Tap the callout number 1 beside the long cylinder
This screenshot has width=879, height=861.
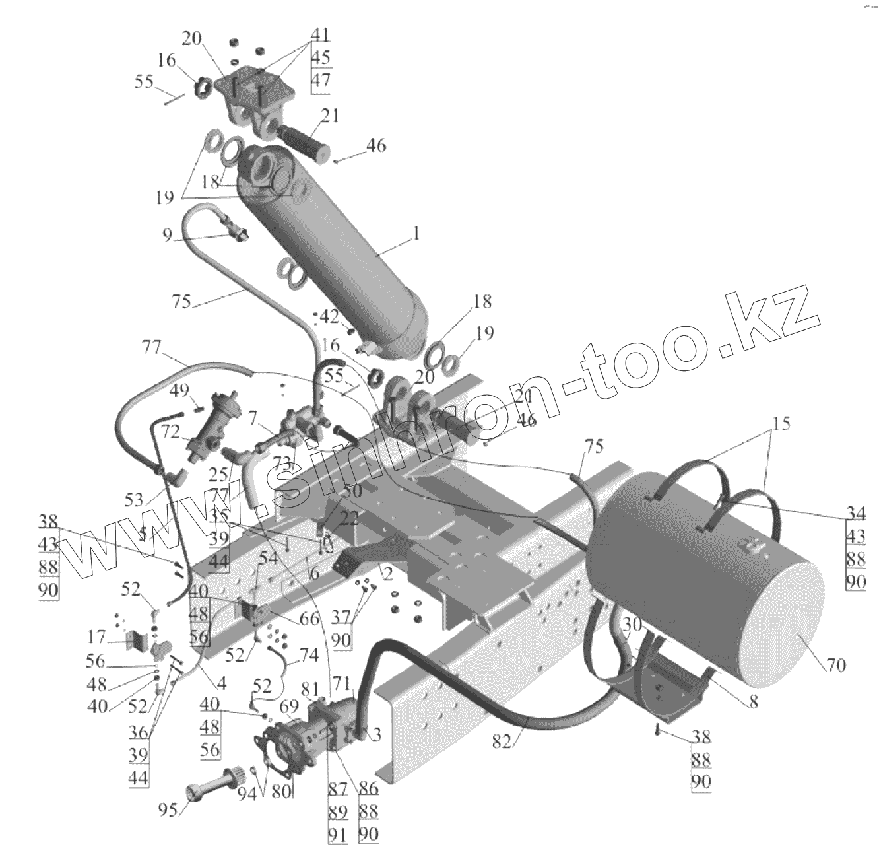pyautogui.click(x=416, y=234)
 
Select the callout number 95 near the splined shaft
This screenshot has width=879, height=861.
pyautogui.click(x=168, y=809)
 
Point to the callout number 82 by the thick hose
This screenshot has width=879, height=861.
pyautogui.click(x=504, y=741)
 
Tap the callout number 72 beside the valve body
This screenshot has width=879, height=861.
pyautogui.click(x=170, y=432)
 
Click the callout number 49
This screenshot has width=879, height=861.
pyautogui.click(x=179, y=392)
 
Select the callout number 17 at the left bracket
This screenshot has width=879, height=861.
pyautogui.click(x=96, y=637)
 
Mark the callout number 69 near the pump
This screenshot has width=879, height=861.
pyautogui.click(x=288, y=706)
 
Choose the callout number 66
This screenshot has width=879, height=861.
pyautogui.click(x=308, y=619)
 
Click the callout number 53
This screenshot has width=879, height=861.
pyautogui.click(x=134, y=499)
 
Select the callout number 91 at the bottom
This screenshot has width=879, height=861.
pyautogui.click(x=337, y=835)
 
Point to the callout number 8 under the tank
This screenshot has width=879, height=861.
pyautogui.click(x=753, y=703)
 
